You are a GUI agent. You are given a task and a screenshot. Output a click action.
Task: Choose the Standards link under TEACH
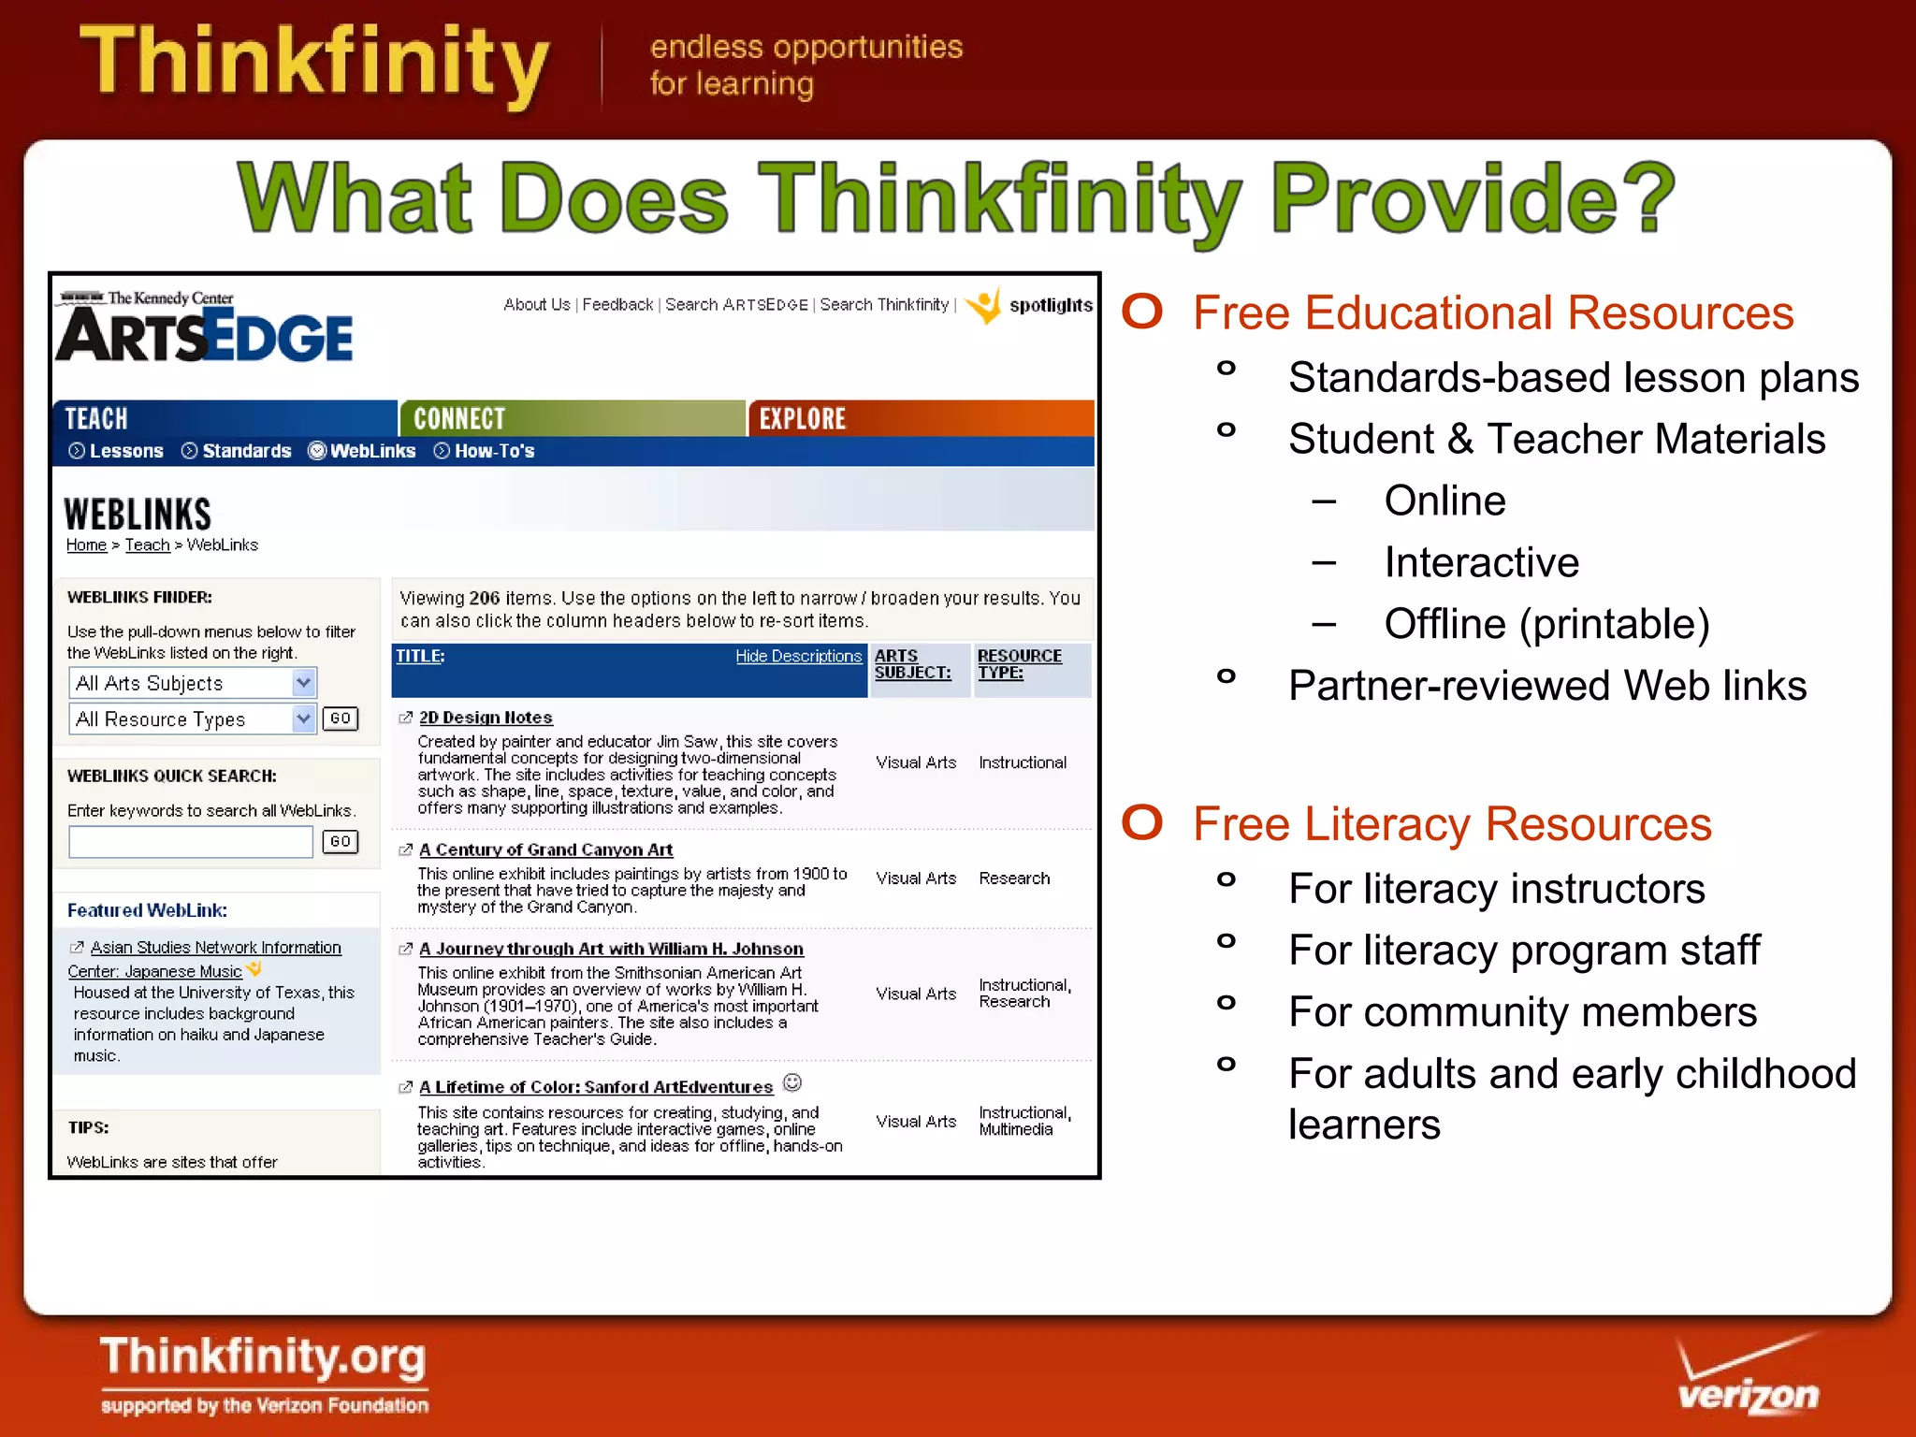click(x=246, y=451)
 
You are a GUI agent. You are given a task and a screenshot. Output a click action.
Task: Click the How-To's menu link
click(x=493, y=451)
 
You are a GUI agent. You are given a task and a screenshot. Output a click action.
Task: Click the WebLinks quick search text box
click(x=191, y=842)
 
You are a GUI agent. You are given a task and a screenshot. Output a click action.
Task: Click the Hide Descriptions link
click(x=798, y=657)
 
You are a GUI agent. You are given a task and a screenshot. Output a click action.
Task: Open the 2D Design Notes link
click(x=486, y=718)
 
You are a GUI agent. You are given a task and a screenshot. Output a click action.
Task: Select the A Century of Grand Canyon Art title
click(x=545, y=849)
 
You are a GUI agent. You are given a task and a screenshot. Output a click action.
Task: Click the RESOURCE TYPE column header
click(x=1019, y=663)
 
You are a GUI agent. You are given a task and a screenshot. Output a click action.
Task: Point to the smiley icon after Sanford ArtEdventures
click(x=792, y=1083)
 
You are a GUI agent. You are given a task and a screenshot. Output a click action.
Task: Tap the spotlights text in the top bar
click(x=1050, y=305)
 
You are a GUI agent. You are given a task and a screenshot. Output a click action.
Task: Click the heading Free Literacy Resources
click(x=1451, y=824)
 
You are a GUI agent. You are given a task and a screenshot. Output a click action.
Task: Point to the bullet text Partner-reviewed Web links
click(x=1546, y=686)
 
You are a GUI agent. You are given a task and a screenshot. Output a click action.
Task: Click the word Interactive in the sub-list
click(x=1481, y=562)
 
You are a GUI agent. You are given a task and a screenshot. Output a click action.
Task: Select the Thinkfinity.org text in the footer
click(x=263, y=1357)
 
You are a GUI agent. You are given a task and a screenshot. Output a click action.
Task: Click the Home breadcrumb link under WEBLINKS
click(x=86, y=545)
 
